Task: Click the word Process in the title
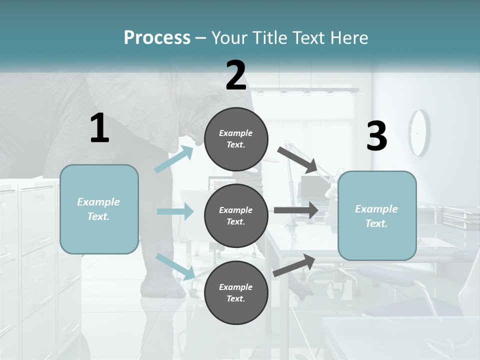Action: [x=157, y=37]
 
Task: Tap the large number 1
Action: [x=99, y=128]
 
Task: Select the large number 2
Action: [x=236, y=75]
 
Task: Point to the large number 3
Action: [x=376, y=136]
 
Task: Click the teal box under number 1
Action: [x=99, y=209]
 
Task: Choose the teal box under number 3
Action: [x=377, y=215]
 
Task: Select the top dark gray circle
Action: [x=236, y=138]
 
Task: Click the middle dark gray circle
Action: [x=236, y=215]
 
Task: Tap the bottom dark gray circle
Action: [x=236, y=292]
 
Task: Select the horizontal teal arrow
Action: [x=175, y=211]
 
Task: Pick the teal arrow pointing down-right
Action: [x=175, y=266]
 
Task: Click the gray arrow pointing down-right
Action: [x=298, y=159]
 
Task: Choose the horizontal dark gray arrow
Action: [x=296, y=210]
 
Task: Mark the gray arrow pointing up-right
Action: [x=294, y=265]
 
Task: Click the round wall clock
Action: [x=418, y=132]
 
